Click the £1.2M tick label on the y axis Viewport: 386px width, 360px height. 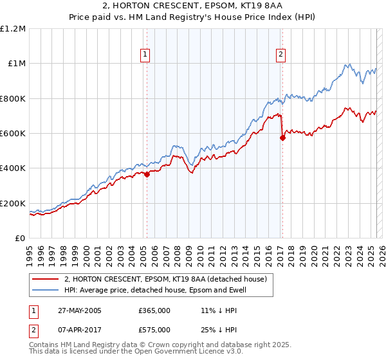tap(14, 29)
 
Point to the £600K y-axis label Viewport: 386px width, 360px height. tap(13, 134)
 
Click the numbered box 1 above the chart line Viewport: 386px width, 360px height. tap(147, 55)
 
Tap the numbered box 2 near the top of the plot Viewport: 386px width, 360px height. tap(282, 55)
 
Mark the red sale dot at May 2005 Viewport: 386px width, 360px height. tap(147, 174)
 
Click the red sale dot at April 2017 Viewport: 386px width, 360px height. tap(282, 138)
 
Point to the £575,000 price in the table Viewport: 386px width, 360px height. tap(154, 329)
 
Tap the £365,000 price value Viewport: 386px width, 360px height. tap(154, 310)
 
